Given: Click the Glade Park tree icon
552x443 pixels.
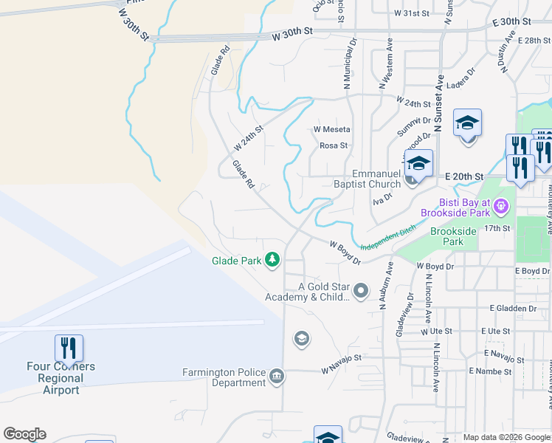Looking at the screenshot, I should (x=273, y=260).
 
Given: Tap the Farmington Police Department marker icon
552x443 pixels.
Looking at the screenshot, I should (x=276, y=377).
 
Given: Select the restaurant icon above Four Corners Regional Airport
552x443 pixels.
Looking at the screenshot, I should (x=69, y=348).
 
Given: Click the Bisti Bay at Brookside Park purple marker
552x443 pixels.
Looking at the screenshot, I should (x=502, y=205).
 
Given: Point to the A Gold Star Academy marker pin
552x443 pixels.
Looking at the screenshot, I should (x=361, y=292).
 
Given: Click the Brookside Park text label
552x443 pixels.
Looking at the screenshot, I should (x=457, y=236).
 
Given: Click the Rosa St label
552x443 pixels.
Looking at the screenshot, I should (x=334, y=145).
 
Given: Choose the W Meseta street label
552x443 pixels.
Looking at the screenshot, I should (x=331, y=129).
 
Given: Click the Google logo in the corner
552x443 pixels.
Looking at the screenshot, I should (x=24, y=434).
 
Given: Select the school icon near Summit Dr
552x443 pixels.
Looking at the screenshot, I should (x=467, y=123).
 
